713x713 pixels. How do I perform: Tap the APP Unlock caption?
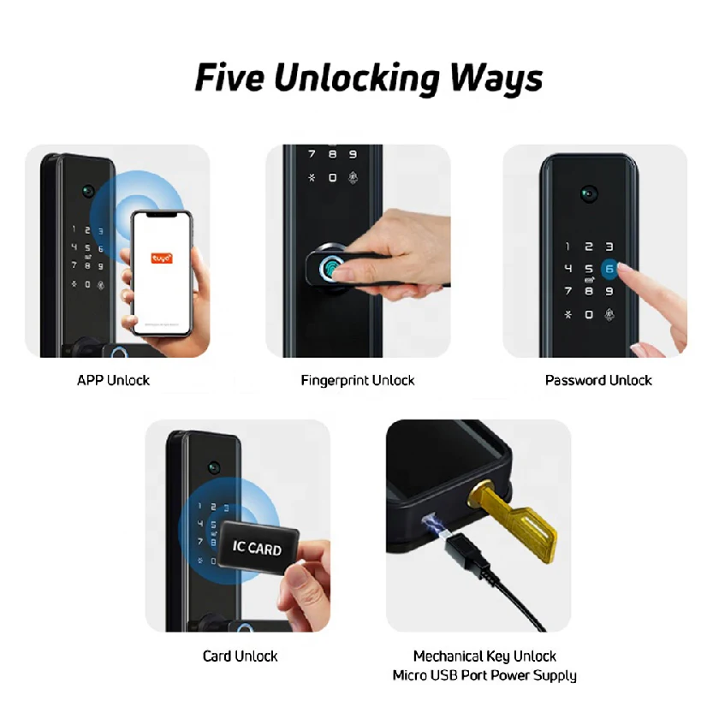click(x=113, y=380)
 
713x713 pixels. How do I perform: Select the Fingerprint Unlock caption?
click(x=357, y=380)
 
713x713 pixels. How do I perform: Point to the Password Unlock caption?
click(x=598, y=380)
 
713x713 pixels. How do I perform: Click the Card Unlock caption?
click(x=240, y=657)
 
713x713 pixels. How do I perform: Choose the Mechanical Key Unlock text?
click(x=484, y=657)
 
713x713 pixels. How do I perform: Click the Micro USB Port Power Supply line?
click(x=484, y=676)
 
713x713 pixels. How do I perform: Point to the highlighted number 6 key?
click(x=609, y=269)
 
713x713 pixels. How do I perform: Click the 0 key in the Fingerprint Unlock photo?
click(x=332, y=177)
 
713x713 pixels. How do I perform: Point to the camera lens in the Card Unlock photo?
click(x=213, y=467)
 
